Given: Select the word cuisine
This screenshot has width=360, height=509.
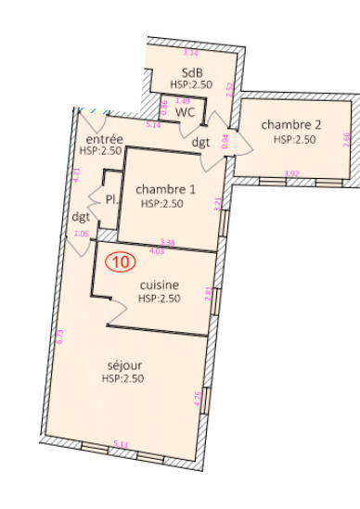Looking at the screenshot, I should pyautogui.click(x=159, y=285).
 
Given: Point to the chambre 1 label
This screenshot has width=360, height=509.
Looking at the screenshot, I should pyautogui.click(x=161, y=189).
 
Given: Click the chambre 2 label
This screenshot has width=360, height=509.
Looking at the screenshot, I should pyautogui.click(x=291, y=125).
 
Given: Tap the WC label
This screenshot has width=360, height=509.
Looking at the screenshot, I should pyautogui.click(x=186, y=111).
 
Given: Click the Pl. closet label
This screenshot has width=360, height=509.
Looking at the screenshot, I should pyautogui.click(x=111, y=199).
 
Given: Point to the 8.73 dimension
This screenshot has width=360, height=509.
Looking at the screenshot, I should pyautogui.click(x=61, y=337).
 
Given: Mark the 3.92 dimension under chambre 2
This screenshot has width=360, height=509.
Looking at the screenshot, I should pyautogui.click(x=291, y=173).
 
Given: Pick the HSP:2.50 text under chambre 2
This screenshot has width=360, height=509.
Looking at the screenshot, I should pyautogui.click(x=295, y=139).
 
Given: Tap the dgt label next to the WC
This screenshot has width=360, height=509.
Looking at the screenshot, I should pyautogui.click(x=200, y=142).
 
